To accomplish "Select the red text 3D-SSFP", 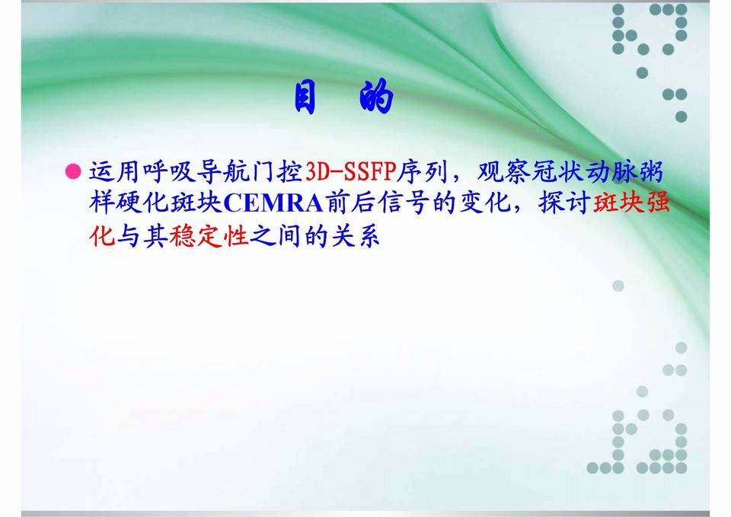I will tap(346, 172).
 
